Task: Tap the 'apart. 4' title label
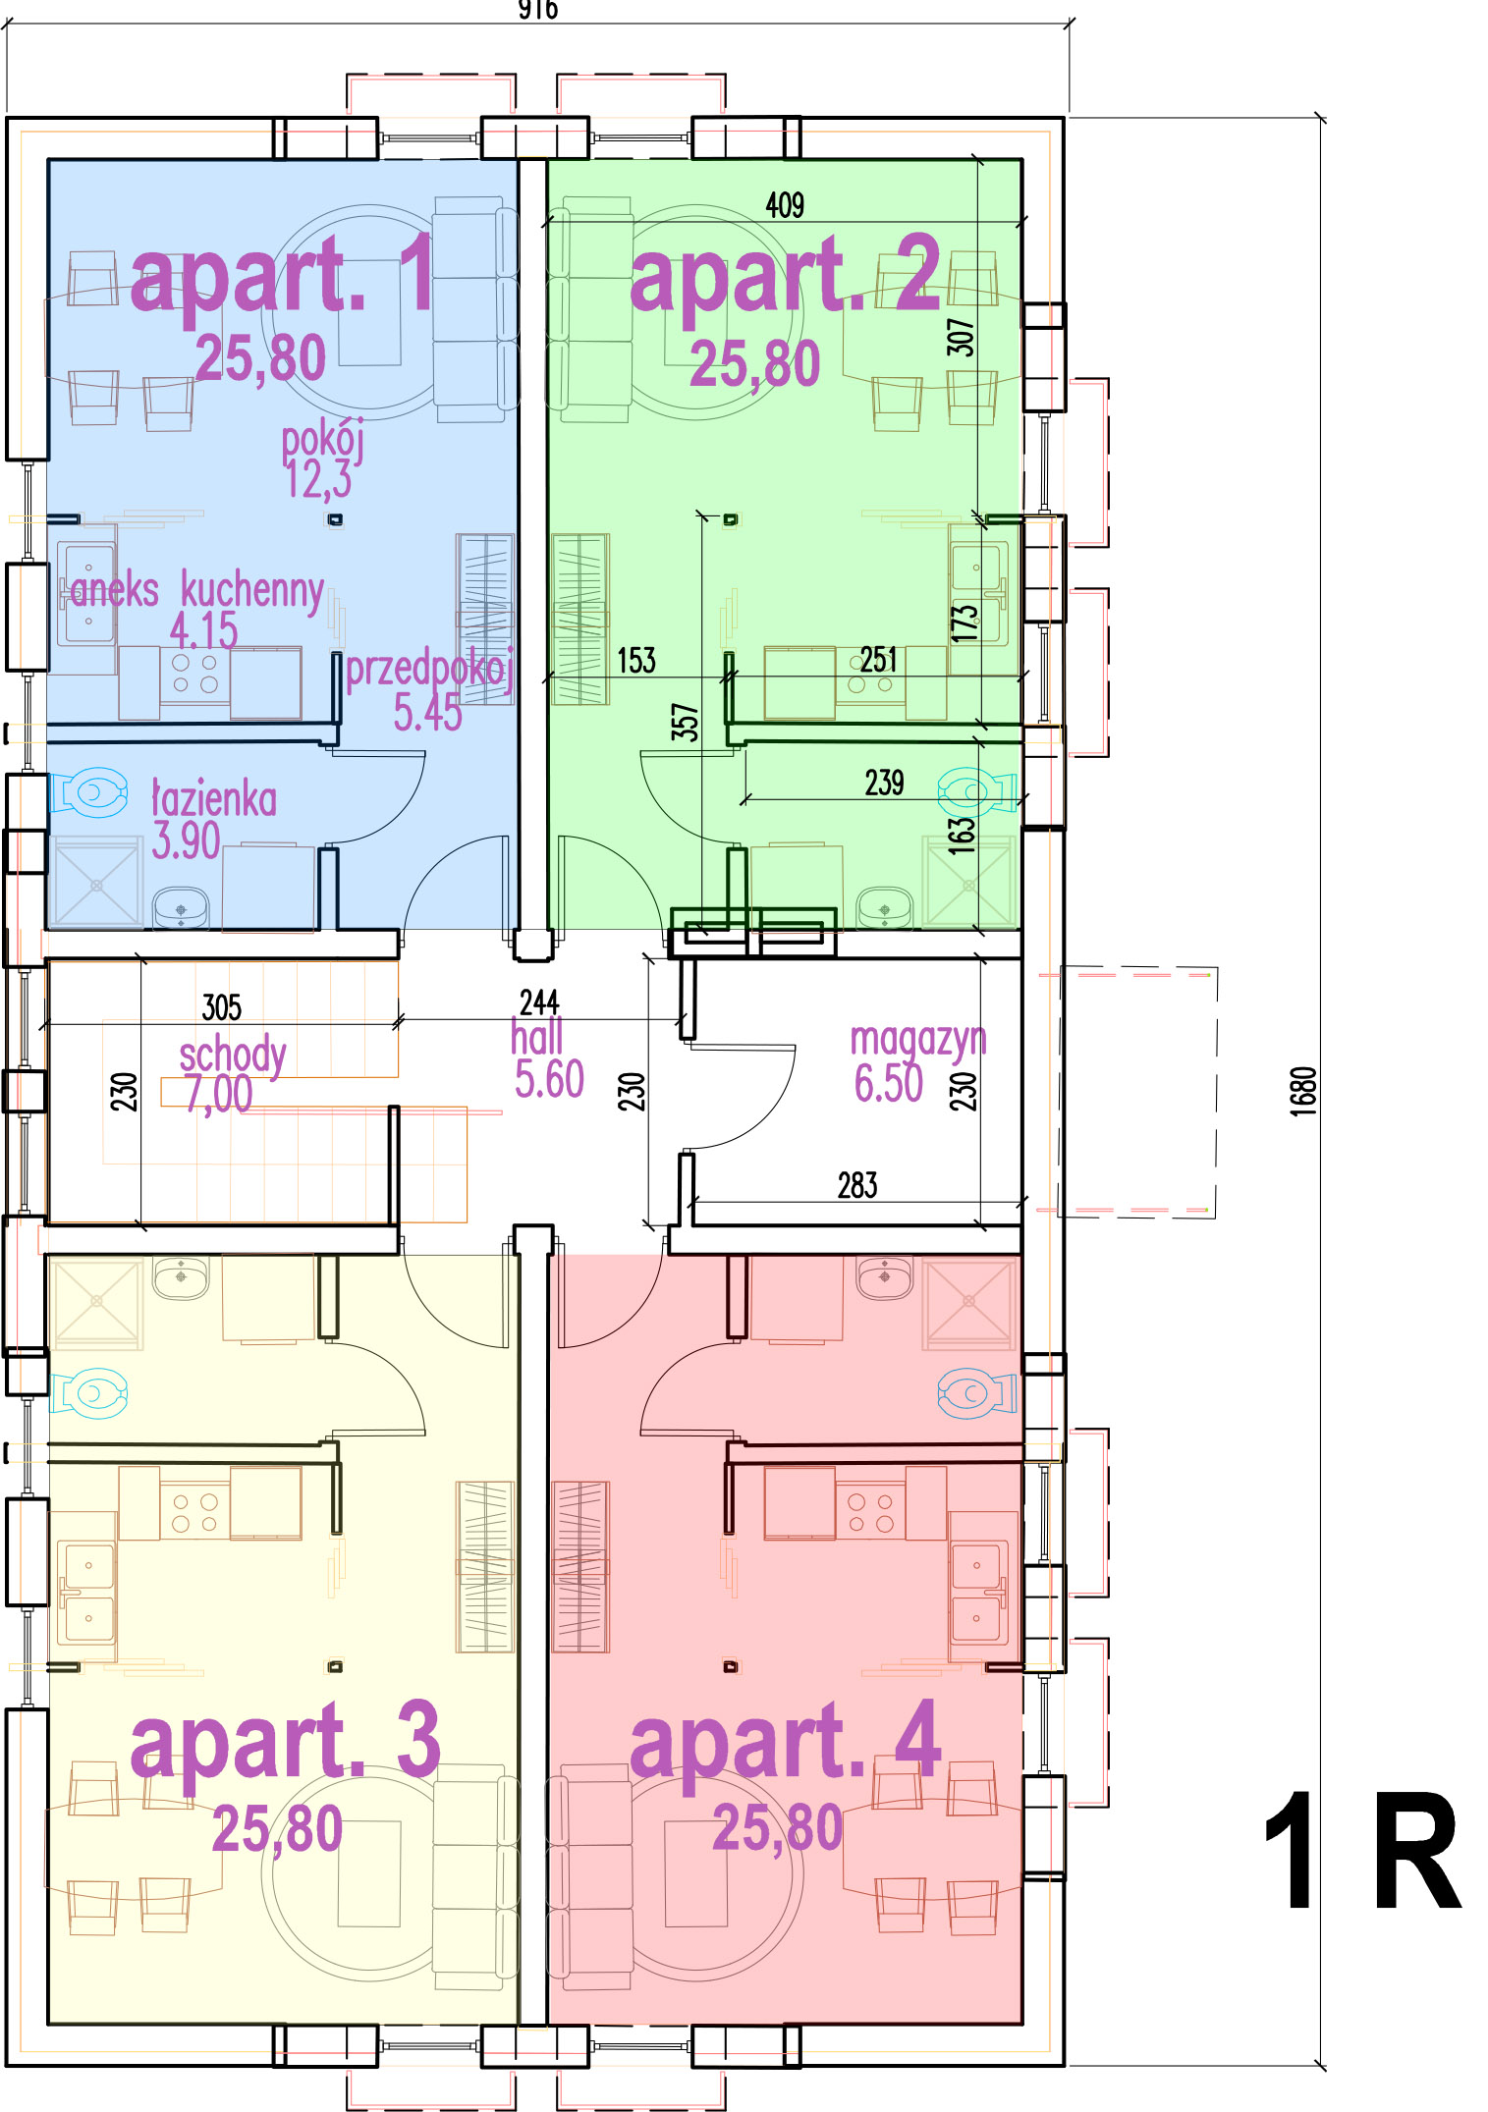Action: [786, 1742]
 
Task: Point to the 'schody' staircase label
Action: [233, 1056]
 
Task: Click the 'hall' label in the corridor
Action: [537, 1037]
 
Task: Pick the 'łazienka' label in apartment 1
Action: [214, 799]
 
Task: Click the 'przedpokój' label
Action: [430, 670]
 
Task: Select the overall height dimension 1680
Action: [1302, 1091]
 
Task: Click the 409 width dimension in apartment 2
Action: [785, 205]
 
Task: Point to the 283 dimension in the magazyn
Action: [857, 1185]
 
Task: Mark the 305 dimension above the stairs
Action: [222, 1006]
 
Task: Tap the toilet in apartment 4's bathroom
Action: [976, 1392]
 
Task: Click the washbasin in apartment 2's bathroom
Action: [884, 907]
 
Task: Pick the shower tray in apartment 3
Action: [96, 1301]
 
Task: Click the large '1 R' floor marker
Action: [1361, 1850]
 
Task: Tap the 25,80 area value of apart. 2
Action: [754, 364]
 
